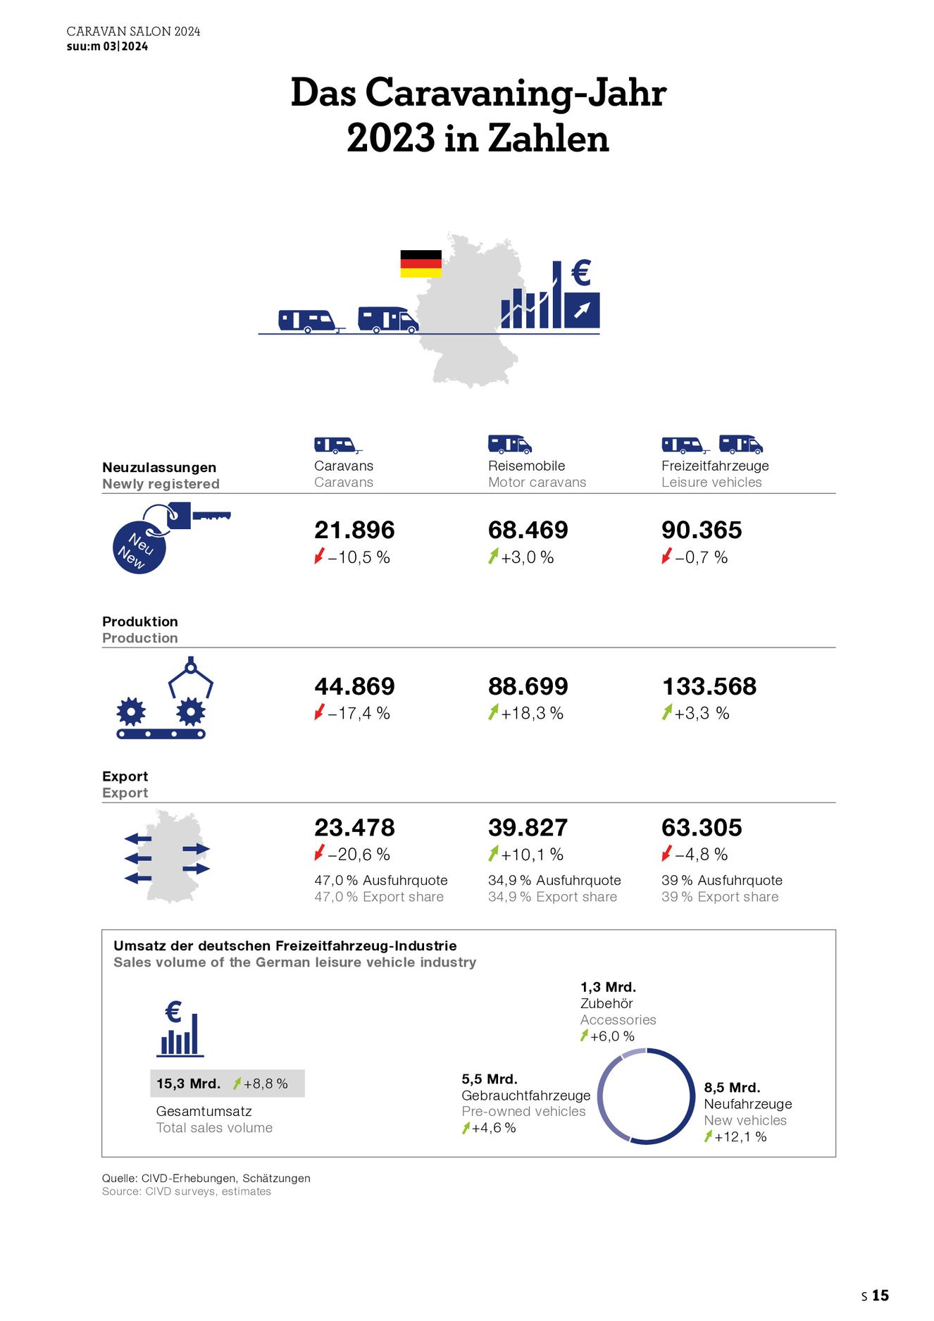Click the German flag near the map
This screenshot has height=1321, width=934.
pyautogui.click(x=421, y=263)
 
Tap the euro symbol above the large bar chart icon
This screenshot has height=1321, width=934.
pyautogui.click(x=581, y=273)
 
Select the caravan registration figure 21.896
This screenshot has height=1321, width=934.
pyautogui.click(x=354, y=530)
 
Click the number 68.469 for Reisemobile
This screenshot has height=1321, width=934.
pyautogui.click(x=528, y=530)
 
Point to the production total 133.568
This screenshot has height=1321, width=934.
pyautogui.click(x=709, y=686)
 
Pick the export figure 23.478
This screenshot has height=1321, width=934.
pyautogui.click(x=354, y=827)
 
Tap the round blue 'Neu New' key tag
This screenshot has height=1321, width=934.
pyautogui.click(x=139, y=548)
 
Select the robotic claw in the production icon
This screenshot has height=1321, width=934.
pyautogui.click(x=190, y=678)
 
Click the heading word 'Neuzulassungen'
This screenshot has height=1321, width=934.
pyautogui.click(x=159, y=467)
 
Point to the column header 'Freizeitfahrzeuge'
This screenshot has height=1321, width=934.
pyautogui.click(x=715, y=466)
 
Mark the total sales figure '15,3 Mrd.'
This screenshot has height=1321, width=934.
pyautogui.click(x=188, y=1084)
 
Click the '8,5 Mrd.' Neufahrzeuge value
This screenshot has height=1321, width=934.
pyautogui.click(x=732, y=1087)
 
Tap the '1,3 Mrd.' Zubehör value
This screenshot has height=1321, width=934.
pyautogui.click(x=608, y=987)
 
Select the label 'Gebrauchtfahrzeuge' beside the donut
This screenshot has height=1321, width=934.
pyautogui.click(x=525, y=1096)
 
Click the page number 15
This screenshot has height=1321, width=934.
pyautogui.click(x=880, y=1296)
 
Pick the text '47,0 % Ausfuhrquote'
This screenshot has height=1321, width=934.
pyautogui.click(x=380, y=880)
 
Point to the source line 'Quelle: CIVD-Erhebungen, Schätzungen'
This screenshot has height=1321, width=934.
pyautogui.click(x=206, y=1178)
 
